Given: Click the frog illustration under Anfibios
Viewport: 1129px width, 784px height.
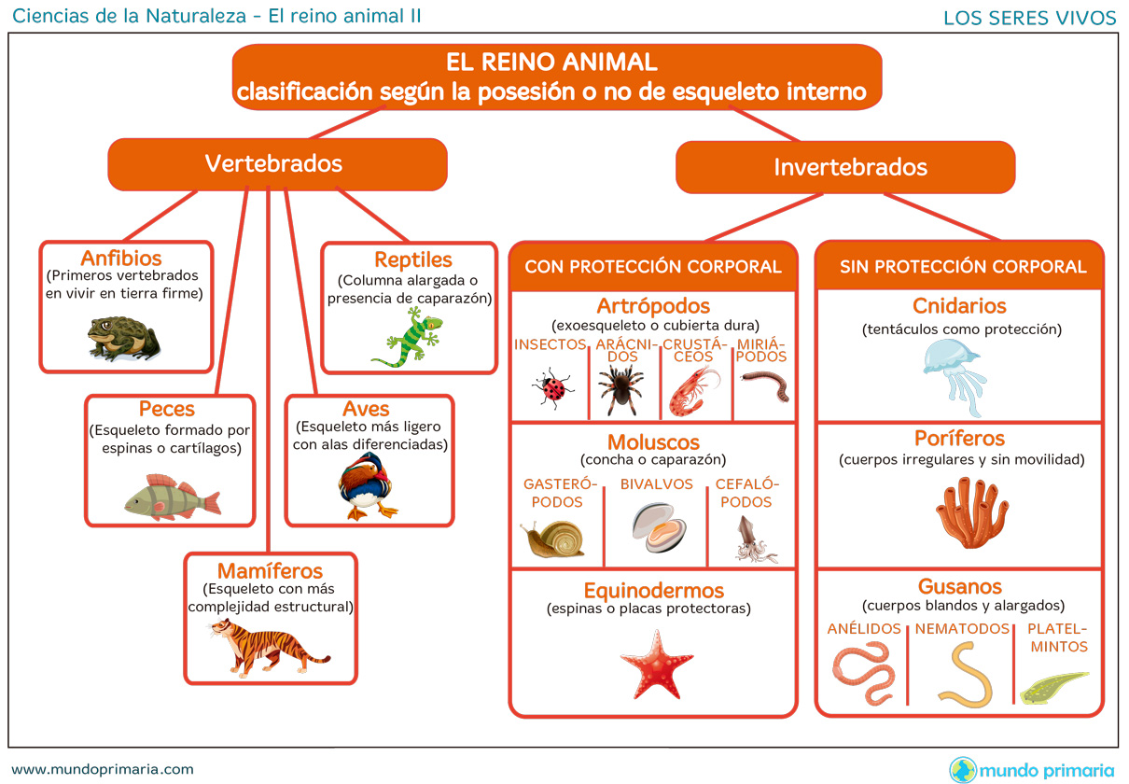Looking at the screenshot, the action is [123, 338].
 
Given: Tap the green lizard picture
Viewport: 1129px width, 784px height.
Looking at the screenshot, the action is [409, 337].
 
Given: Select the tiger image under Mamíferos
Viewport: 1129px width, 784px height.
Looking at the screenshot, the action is [271, 648].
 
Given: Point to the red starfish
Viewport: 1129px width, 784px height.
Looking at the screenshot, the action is [656, 665].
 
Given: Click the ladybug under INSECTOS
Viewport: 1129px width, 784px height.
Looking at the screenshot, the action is [552, 387].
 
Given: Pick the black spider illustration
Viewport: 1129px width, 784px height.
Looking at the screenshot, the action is [621, 388].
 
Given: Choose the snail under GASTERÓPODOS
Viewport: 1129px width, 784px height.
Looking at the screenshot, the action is [552, 539].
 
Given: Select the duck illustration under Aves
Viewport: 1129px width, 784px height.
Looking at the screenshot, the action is [367, 486].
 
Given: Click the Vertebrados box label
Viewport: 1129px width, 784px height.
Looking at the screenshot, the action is [273, 163].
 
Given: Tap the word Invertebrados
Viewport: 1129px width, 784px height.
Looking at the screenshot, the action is [850, 167].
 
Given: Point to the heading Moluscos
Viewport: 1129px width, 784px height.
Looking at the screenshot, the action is [653, 441].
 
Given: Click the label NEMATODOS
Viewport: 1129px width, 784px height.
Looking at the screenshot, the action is [962, 628].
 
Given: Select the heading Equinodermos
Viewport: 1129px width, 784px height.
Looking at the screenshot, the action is [654, 590].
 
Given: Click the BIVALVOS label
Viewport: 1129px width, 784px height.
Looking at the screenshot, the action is [656, 484].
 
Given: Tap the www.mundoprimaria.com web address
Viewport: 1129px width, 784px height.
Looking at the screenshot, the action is [103, 769].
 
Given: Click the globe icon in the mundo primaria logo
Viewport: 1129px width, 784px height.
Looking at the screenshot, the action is [963, 770].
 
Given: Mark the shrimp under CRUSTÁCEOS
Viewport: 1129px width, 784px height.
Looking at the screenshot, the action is [694, 391].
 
